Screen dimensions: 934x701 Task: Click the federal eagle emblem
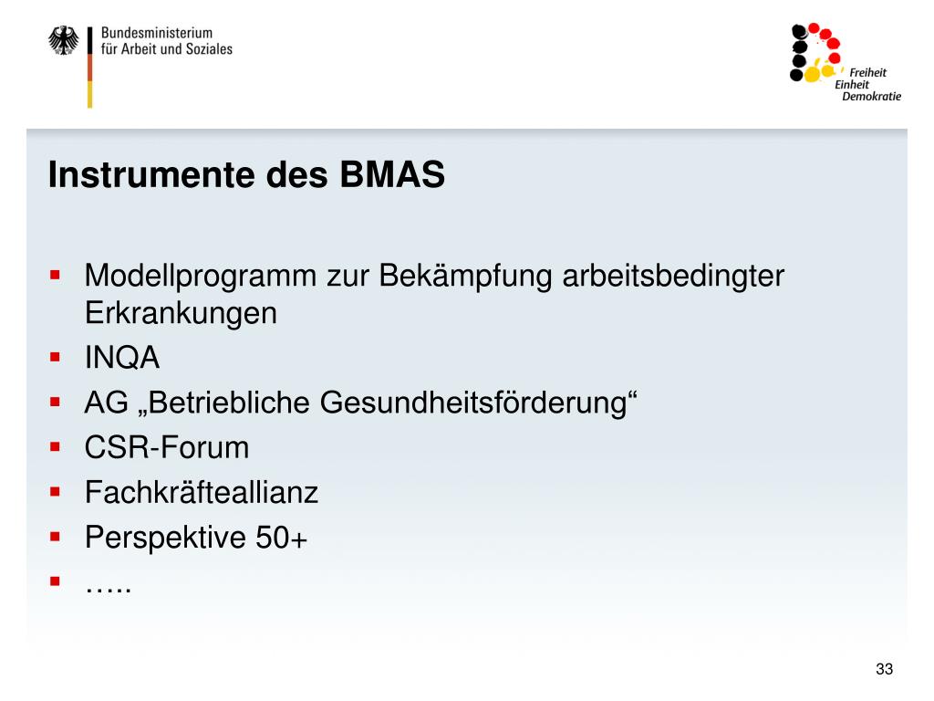63,40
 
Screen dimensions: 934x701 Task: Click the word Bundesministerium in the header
157,33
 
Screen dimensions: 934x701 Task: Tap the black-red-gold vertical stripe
90,68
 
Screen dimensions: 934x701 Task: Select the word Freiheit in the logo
868,73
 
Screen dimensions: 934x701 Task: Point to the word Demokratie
871,96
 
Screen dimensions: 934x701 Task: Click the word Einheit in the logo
852,85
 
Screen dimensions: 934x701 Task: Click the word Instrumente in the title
152,174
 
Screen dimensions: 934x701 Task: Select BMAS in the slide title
392,174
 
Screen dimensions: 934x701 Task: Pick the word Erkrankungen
182,314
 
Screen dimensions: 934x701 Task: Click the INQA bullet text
122,358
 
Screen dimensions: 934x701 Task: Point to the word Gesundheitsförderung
478,403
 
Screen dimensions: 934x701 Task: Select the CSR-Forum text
167,447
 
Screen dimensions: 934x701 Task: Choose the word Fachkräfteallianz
202,492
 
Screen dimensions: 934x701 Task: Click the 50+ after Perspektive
281,538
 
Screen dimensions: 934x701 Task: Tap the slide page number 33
885,669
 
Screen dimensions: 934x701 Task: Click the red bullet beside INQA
56,358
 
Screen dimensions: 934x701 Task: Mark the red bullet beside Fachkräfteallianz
56,492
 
